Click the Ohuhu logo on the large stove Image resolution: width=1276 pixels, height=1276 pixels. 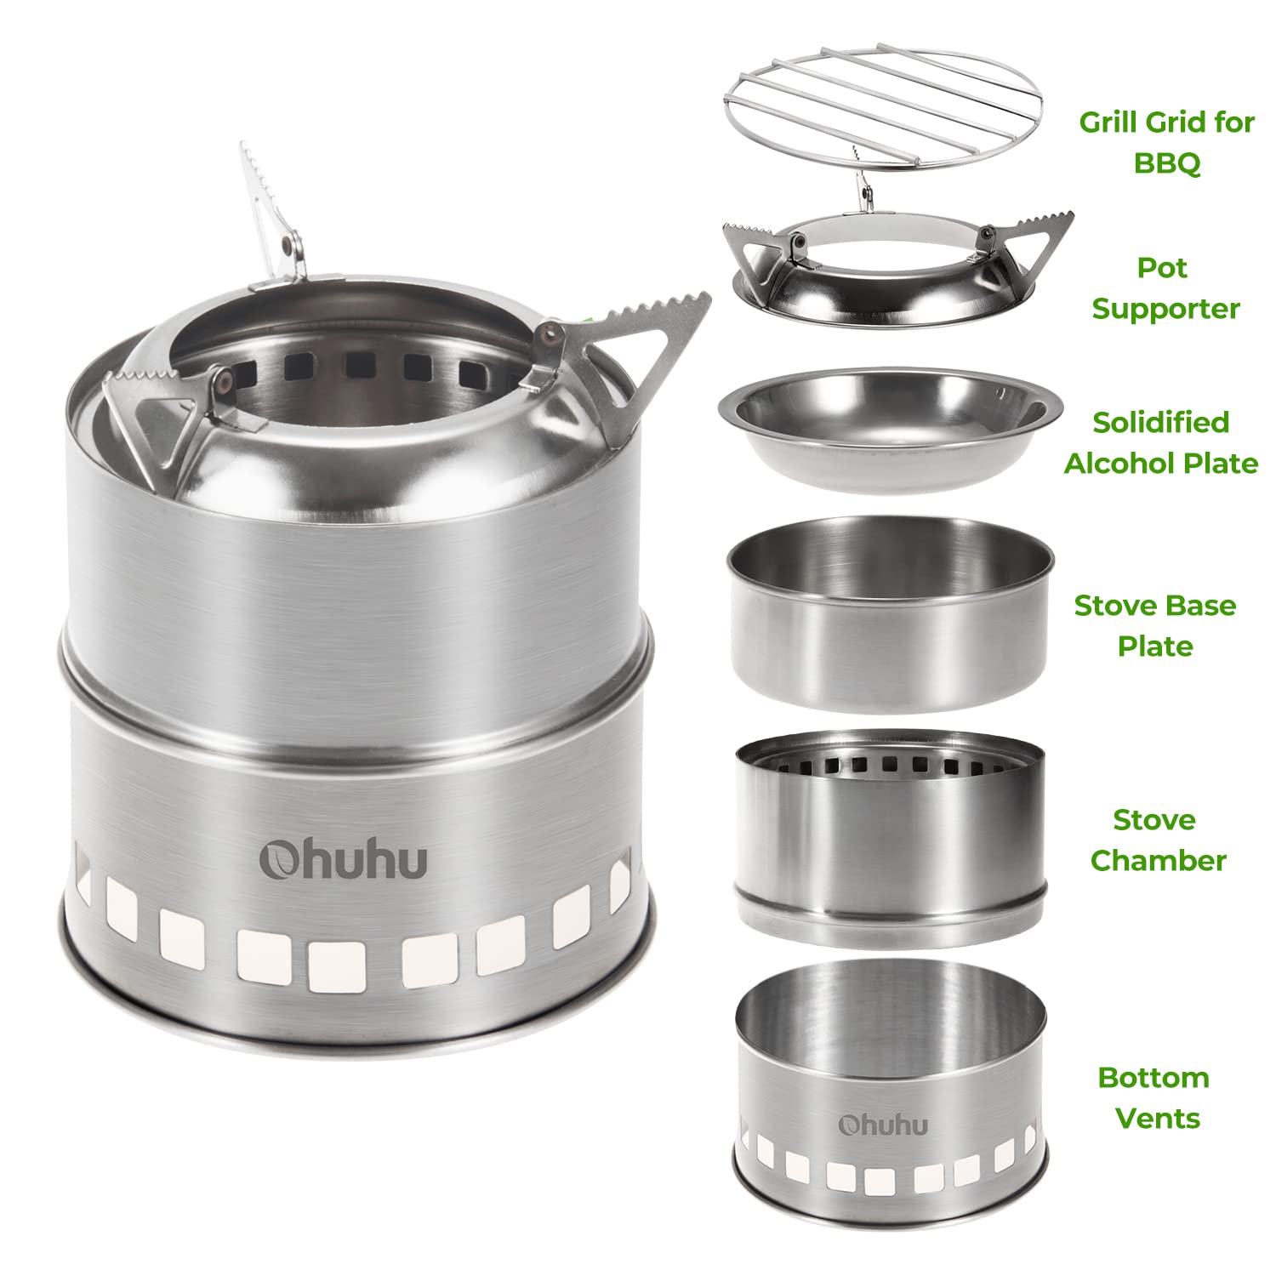pyautogui.click(x=344, y=859)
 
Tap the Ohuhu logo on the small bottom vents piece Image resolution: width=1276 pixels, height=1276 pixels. pyautogui.click(x=883, y=1125)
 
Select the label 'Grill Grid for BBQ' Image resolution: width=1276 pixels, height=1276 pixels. pyautogui.click(x=1166, y=141)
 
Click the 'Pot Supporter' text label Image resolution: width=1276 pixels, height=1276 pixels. pyautogui.click(x=1165, y=288)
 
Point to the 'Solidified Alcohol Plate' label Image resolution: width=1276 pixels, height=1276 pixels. pyautogui.click(x=1161, y=442)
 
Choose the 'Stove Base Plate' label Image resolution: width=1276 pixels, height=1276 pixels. pyautogui.click(x=1154, y=625)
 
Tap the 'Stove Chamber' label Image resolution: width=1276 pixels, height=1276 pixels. pyautogui.click(x=1158, y=840)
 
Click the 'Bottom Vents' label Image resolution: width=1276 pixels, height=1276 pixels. pyautogui.click(x=1154, y=1097)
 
